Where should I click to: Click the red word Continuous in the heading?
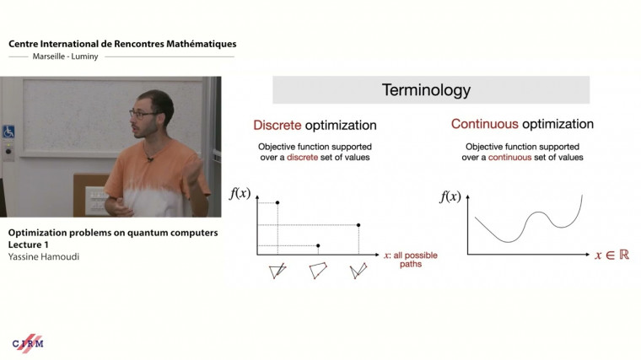click(x=485, y=125)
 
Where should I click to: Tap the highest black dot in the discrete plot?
click(x=277, y=203)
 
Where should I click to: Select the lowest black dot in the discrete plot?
click(x=317, y=245)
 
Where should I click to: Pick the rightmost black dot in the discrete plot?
click(x=358, y=225)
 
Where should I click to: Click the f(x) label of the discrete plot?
click(x=240, y=194)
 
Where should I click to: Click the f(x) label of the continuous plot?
click(x=450, y=197)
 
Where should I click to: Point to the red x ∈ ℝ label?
click(x=611, y=255)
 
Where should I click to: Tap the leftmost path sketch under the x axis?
click(x=277, y=271)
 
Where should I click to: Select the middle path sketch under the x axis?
click(x=318, y=271)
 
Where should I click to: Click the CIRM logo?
click(x=28, y=343)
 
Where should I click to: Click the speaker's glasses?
click(x=142, y=115)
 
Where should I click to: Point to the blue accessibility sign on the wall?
click(x=9, y=132)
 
